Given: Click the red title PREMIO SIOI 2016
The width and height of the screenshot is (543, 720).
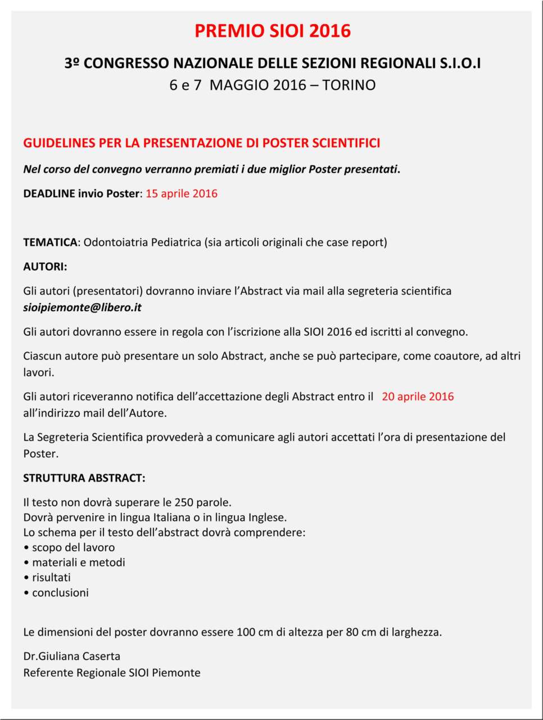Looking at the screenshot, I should coord(273,30).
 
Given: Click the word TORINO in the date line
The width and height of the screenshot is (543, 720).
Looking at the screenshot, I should coord(349,85).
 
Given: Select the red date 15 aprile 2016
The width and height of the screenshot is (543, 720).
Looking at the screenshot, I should coord(182,193).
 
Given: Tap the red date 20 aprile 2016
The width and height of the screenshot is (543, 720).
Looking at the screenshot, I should coord(418,397).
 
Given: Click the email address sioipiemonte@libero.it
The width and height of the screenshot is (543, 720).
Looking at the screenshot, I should coord(82,308).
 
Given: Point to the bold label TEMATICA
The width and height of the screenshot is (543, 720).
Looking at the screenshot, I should coord(50,242).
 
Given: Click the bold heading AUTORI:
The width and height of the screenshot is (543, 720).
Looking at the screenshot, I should coord(45,267).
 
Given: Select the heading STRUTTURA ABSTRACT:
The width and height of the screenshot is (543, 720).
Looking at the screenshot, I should coord(84,478).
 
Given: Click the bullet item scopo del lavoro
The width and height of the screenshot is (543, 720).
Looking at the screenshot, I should coord(73,547).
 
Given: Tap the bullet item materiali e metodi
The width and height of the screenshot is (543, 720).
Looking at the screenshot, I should coord(78,562).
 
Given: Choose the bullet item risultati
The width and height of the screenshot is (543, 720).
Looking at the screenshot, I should coord(51,578).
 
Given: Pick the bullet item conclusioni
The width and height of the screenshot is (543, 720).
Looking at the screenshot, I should coord(60,593).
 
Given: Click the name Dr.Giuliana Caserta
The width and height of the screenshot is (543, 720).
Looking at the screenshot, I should coord(72,656).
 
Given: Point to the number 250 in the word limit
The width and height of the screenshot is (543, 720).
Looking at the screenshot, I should coord(184,502).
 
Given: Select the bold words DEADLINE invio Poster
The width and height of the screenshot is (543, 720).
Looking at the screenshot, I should coord(81,193).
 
